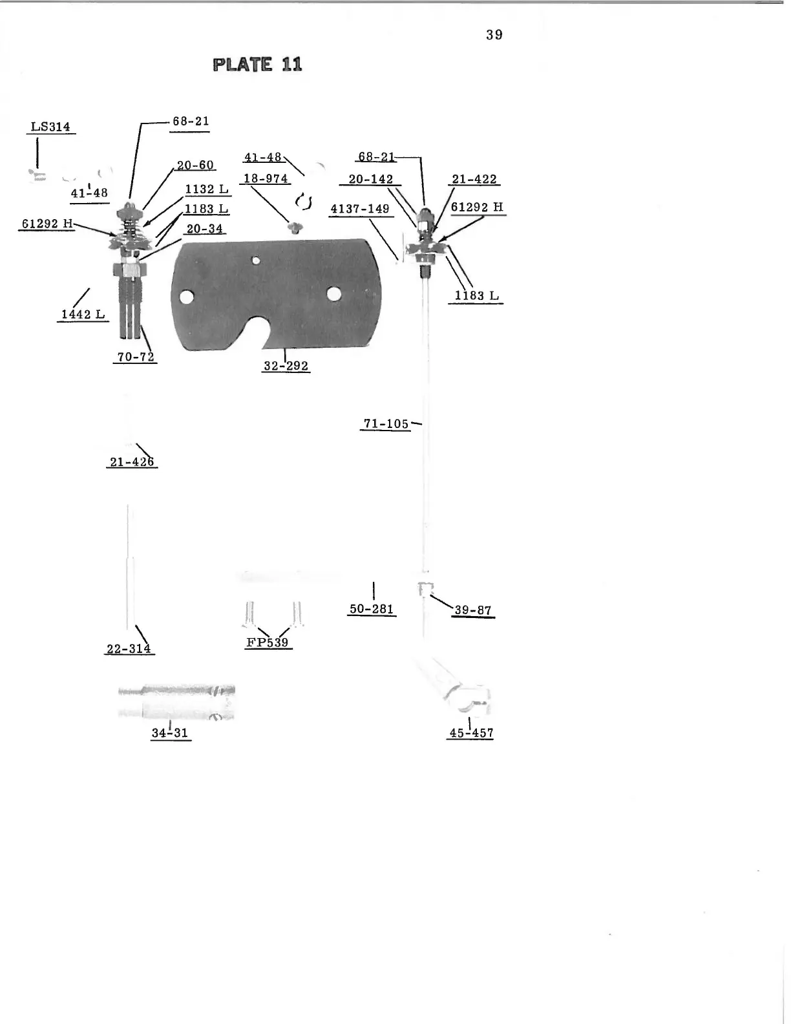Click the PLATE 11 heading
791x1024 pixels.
(x=257, y=65)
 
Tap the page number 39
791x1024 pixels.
(x=494, y=35)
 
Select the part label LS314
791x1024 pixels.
(x=51, y=127)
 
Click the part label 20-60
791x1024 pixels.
(x=195, y=165)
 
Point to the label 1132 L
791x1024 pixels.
(x=207, y=189)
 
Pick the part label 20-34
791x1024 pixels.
(x=204, y=229)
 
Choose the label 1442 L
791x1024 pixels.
(x=83, y=315)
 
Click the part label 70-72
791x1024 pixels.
(x=135, y=356)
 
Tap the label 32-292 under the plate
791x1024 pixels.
(x=286, y=366)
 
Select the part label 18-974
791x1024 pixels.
(x=266, y=178)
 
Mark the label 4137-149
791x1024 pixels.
(x=360, y=209)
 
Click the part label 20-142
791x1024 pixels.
(x=371, y=179)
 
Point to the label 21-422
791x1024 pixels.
(x=474, y=179)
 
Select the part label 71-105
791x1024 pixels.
(x=386, y=424)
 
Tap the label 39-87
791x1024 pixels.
(x=473, y=610)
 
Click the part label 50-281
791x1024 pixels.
(x=372, y=609)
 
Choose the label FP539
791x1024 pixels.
(x=268, y=643)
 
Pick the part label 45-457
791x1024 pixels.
(x=471, y=733)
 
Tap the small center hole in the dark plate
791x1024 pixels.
(x=256, y=261)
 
